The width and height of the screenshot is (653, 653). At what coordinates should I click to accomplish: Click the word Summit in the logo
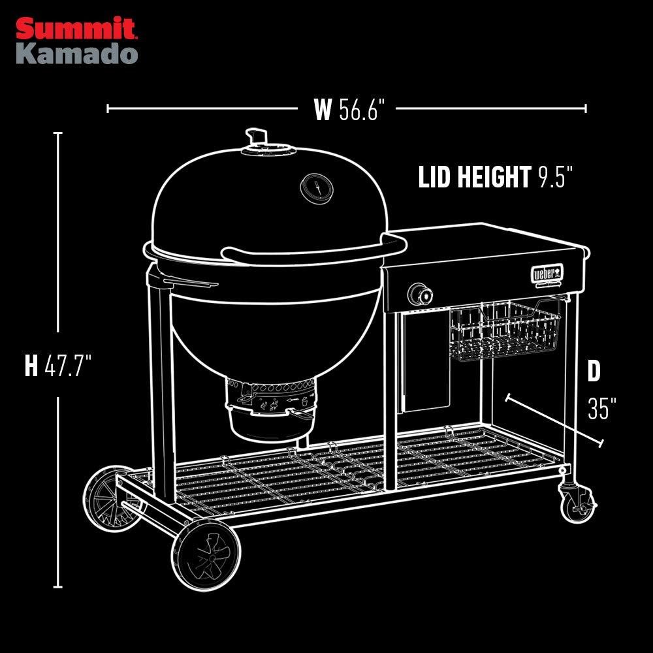[x=76, y=29]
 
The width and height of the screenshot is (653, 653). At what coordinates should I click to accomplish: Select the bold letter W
[x=323, y=110]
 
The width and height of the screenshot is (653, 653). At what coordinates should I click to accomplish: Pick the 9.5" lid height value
[x=556, y=177]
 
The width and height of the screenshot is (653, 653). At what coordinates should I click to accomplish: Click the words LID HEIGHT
[x=474, y=177]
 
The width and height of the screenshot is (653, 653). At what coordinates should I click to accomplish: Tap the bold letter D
[x=594, y=372]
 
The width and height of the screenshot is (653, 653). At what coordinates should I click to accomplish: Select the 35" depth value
[x=601, y=409]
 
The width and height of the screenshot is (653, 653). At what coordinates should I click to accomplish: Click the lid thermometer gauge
[x=316, y=188]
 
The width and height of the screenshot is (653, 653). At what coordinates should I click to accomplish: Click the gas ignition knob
[x=420, y=295]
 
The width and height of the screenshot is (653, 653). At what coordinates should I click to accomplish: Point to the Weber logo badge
[x=547, y=272]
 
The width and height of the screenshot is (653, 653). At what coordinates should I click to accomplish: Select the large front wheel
[x=206, y=556]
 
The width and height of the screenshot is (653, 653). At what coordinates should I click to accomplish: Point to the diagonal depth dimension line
[x=554, y=421]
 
